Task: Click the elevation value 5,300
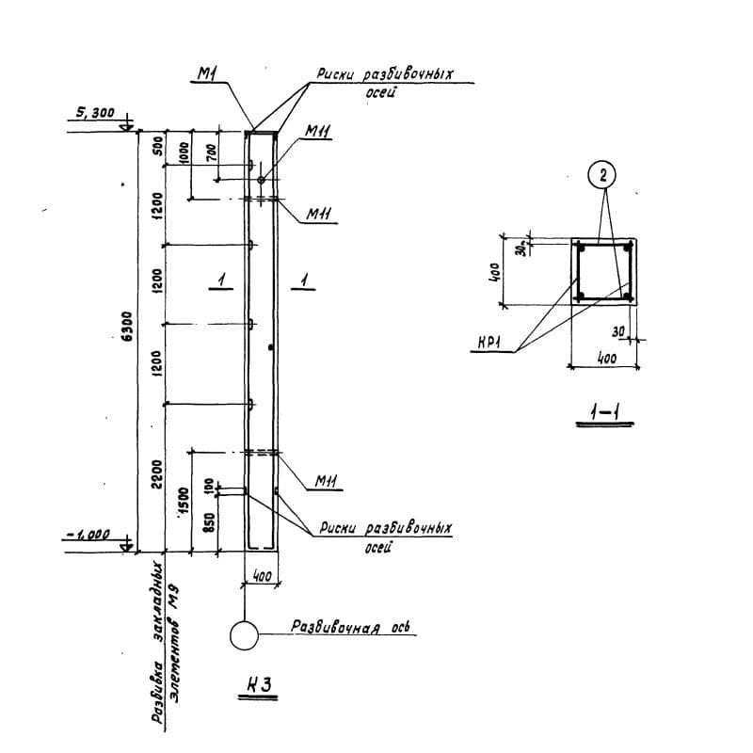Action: pos(91,114)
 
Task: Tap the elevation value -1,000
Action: pos(88,535)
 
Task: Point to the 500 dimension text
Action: pos(157,146)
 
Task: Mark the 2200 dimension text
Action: pos(156,472)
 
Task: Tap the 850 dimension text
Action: pos(211,519)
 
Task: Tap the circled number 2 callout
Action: pos(603,175)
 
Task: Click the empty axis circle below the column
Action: pos(244,635)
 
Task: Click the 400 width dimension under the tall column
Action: pos(261,576)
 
